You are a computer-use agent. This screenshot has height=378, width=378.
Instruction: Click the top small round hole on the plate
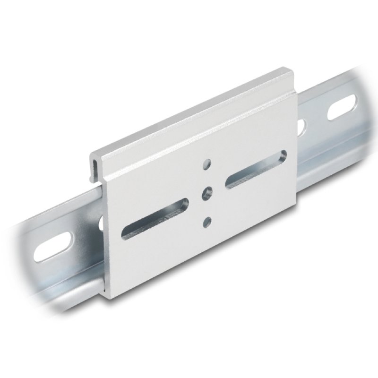coord(206,164)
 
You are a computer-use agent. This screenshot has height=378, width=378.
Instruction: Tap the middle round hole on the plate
coord(206,192)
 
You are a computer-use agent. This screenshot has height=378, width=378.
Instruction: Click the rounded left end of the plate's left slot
coord(127,230)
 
